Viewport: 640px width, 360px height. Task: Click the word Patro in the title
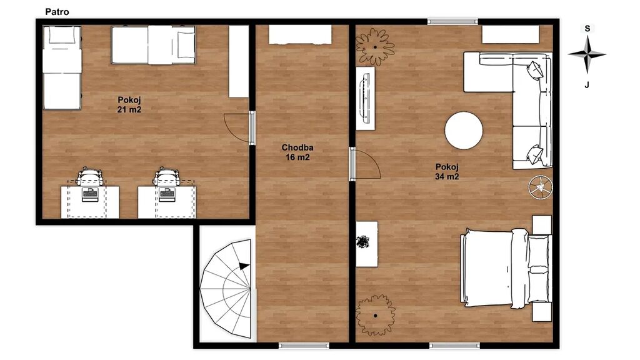tap(57, 12)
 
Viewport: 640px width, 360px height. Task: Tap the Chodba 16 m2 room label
tap(297, 152)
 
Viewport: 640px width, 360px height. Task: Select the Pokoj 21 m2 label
tap(129, 104)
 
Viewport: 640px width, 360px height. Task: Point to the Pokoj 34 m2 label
tap(447, 171)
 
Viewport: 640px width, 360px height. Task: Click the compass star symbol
tap(587, 54)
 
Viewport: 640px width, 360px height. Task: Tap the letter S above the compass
tap(587, 29)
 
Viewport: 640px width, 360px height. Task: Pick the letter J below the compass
tap(587, 85)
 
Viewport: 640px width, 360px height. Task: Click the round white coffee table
tap(464, 131)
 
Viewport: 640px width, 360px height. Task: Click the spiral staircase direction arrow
tap(244, 266)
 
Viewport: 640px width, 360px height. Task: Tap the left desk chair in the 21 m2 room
tap(90, 176)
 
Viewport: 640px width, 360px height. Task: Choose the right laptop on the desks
tap(167, 194)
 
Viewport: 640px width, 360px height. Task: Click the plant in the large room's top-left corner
tap(375, 47)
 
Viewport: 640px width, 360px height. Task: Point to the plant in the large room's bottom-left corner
tap(376, 316)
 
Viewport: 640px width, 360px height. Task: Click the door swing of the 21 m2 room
tap(237, 127)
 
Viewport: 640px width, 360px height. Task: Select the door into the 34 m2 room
tap(364, 164)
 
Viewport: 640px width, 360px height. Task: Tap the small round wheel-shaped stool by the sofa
tap(541, 187)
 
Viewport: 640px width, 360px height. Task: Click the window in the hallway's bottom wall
tap(304, 346)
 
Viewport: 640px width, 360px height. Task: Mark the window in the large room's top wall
tap(452, 22)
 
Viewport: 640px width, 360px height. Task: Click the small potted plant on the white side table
tap(363, 242)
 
